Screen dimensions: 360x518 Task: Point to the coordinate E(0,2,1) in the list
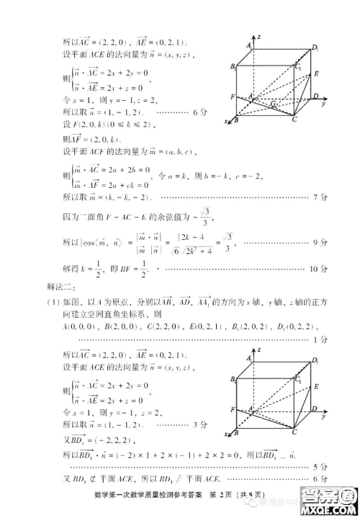coord(210,327)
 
